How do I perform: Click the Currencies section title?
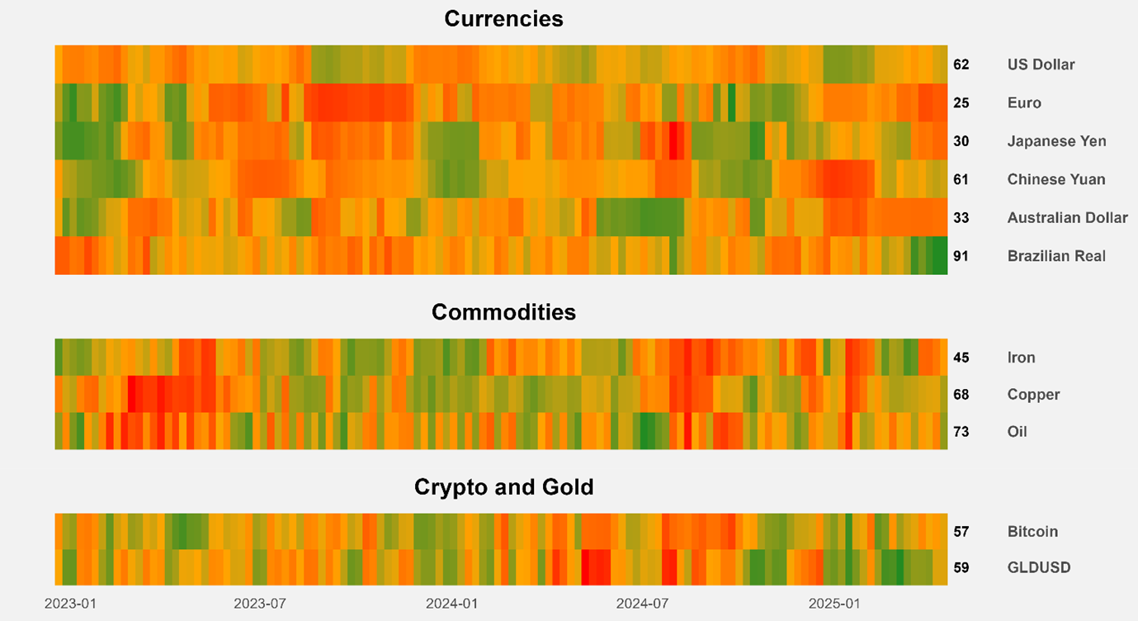pos(503,19)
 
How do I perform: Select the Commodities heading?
pos(503,312)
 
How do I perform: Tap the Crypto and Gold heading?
pos(503,487)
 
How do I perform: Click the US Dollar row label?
pos(1041,64)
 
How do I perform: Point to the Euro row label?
pos(1024,103)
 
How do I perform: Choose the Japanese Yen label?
pos(1056,141)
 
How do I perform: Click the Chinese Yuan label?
pos(1056,179)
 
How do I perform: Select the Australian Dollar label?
pos(1067,218)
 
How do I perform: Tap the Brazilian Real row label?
pos(1056,256)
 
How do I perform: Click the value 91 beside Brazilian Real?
pos(961,256)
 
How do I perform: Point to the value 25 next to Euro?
pos(961,103)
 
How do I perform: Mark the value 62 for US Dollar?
pos(961,64)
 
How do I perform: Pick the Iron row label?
pos(1022,358)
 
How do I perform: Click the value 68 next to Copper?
pos(961,395)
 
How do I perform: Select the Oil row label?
pos(1018,432)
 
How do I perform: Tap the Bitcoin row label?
pos(1032,532)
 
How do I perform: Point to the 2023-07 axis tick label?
pos(260,604)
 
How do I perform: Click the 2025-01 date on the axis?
pos(834,604)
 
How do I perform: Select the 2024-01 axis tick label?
pos(451,604)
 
